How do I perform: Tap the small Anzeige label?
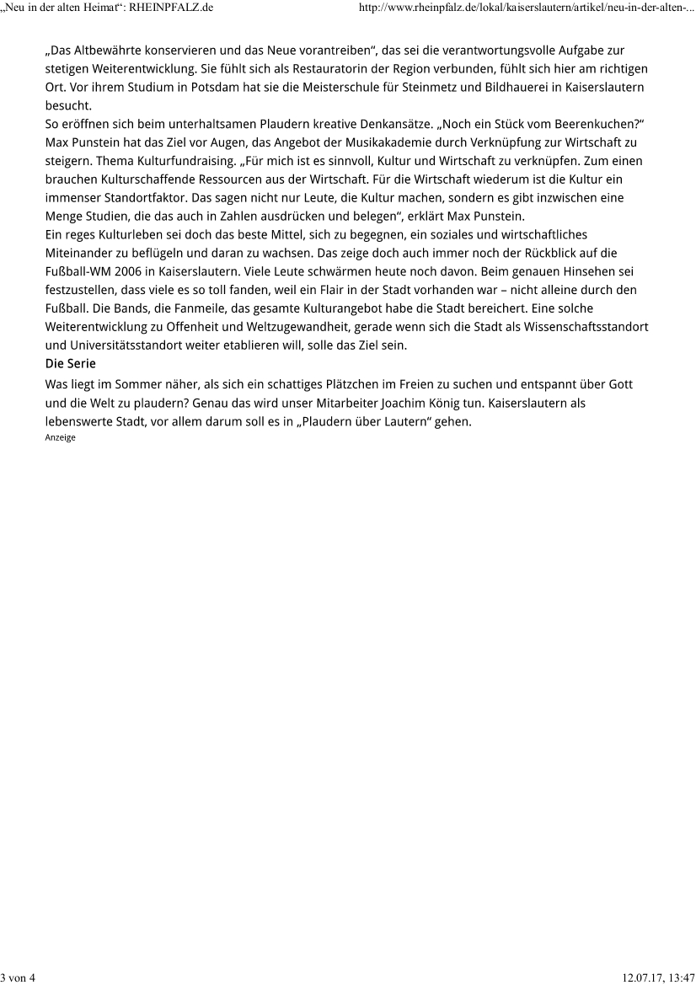click(x=60, y=437)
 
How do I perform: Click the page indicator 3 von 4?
click(x=18, y=977)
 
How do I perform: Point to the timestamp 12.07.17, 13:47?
click(x=658, y=977)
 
